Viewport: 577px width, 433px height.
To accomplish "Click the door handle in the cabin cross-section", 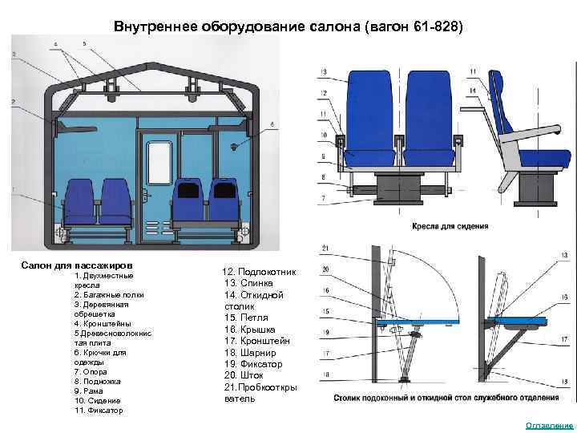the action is click(145, 196).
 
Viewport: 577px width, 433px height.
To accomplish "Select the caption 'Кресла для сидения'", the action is click(450, 227).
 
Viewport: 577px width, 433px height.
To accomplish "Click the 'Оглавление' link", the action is click(549, 425).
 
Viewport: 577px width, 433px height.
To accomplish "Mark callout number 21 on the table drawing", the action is click(325, 247).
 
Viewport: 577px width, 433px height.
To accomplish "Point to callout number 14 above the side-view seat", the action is click(474, 92).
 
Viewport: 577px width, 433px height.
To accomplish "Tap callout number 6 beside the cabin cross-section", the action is click(272, 124).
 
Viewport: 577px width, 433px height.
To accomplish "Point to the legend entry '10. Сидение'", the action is click(98, 400).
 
